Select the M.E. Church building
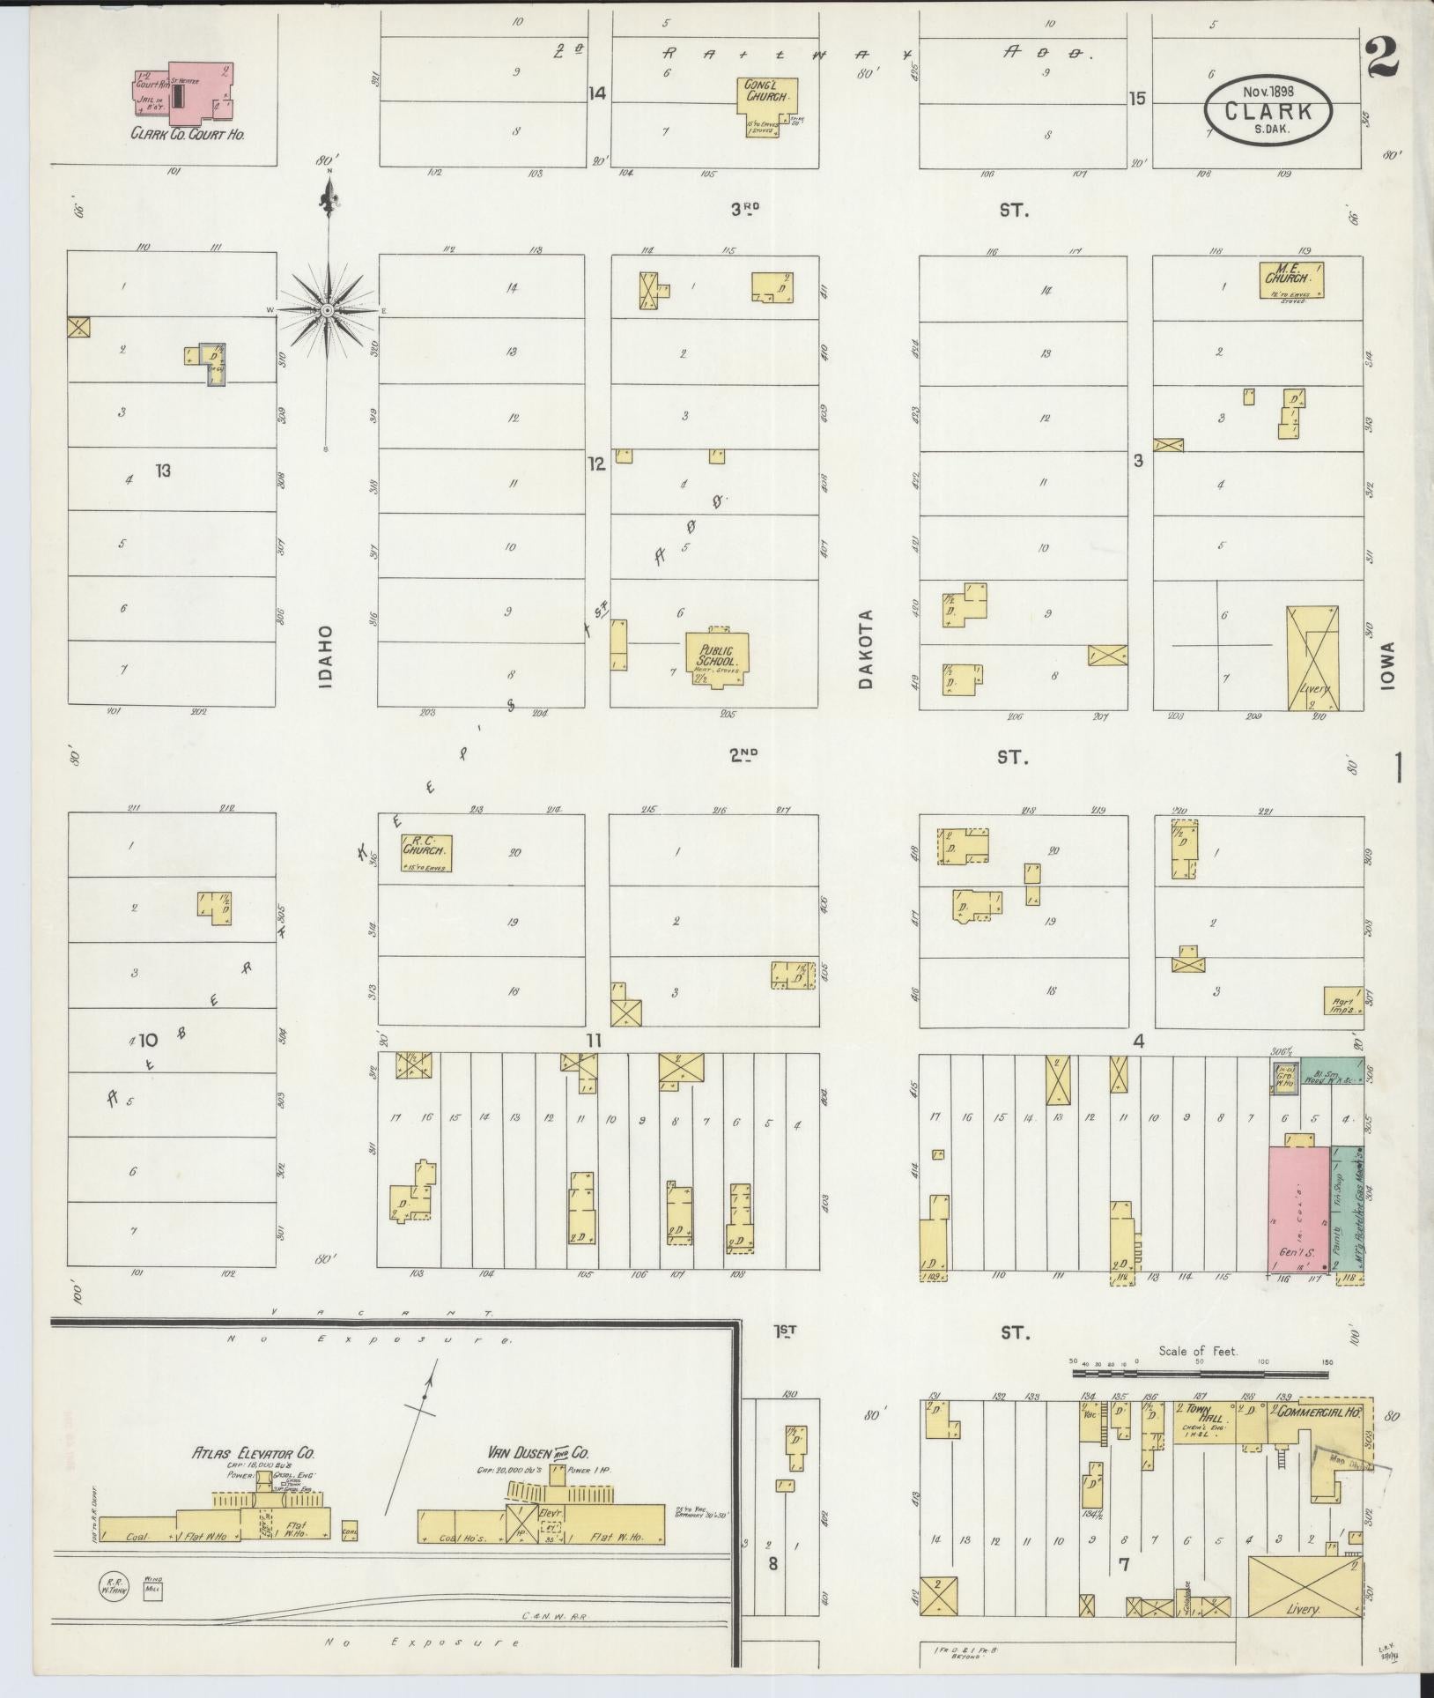(x=1291, y=280)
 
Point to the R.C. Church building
(x=425, y=852)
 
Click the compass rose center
(x=328, y=311)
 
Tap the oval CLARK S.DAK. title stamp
(x=1268, y=112)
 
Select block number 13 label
(x=162, y=471)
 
